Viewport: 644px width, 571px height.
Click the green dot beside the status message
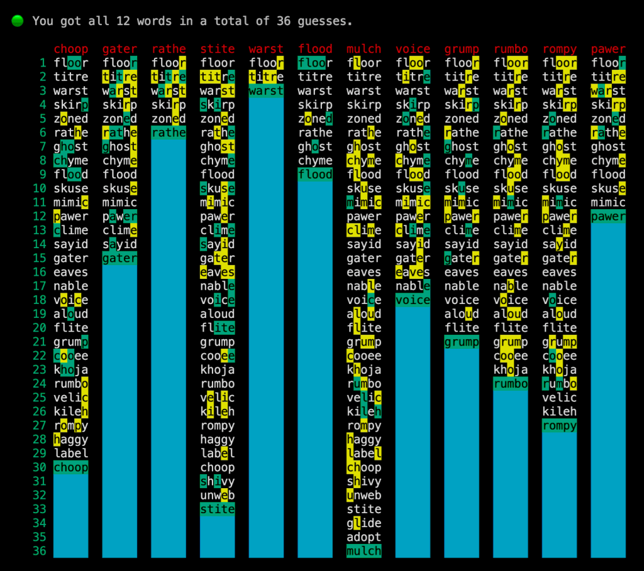click(18, 21)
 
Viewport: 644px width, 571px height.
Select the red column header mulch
click(364, 49)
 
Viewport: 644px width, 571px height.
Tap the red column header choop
click(71, 49)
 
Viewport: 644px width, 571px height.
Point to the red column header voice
click(413, 49)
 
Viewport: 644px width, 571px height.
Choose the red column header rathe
click(169, 49)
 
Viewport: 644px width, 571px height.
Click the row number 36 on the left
click(39, 551)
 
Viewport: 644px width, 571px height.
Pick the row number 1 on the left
click(43, 63)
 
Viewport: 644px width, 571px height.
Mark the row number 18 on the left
click(39, 300)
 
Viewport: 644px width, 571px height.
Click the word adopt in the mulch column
click(364, 537)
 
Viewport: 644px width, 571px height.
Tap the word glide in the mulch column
click(364, 523)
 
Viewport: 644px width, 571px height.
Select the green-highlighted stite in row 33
click(218, 509)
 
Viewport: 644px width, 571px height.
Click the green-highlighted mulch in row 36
click(364, 551)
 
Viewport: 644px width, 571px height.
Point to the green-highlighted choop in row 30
click(71, 467)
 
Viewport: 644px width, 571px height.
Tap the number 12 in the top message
click(123, 21)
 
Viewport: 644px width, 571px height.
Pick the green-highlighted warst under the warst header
click(266, 91)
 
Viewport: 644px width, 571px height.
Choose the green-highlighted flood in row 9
click(315, 175)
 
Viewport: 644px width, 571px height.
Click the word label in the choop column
click(71, 454)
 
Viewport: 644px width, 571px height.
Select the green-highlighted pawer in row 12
click(608, 217)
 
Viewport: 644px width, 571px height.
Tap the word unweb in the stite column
click(218, 496)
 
